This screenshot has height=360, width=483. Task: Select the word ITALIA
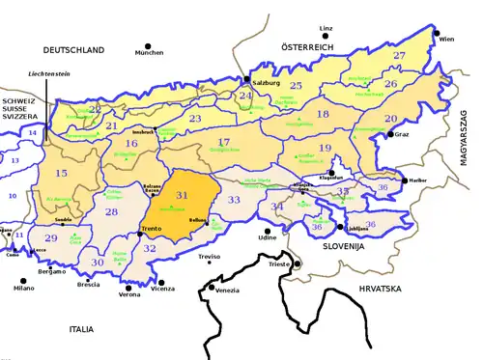tap(74, 329)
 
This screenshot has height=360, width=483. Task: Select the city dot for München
tap(149, 44)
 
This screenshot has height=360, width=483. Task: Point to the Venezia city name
tap(228, 291)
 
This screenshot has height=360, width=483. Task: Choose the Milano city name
tap(23, 289)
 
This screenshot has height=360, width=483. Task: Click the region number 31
tap(183, 196)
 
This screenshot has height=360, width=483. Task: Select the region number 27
tap(399, 56)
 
